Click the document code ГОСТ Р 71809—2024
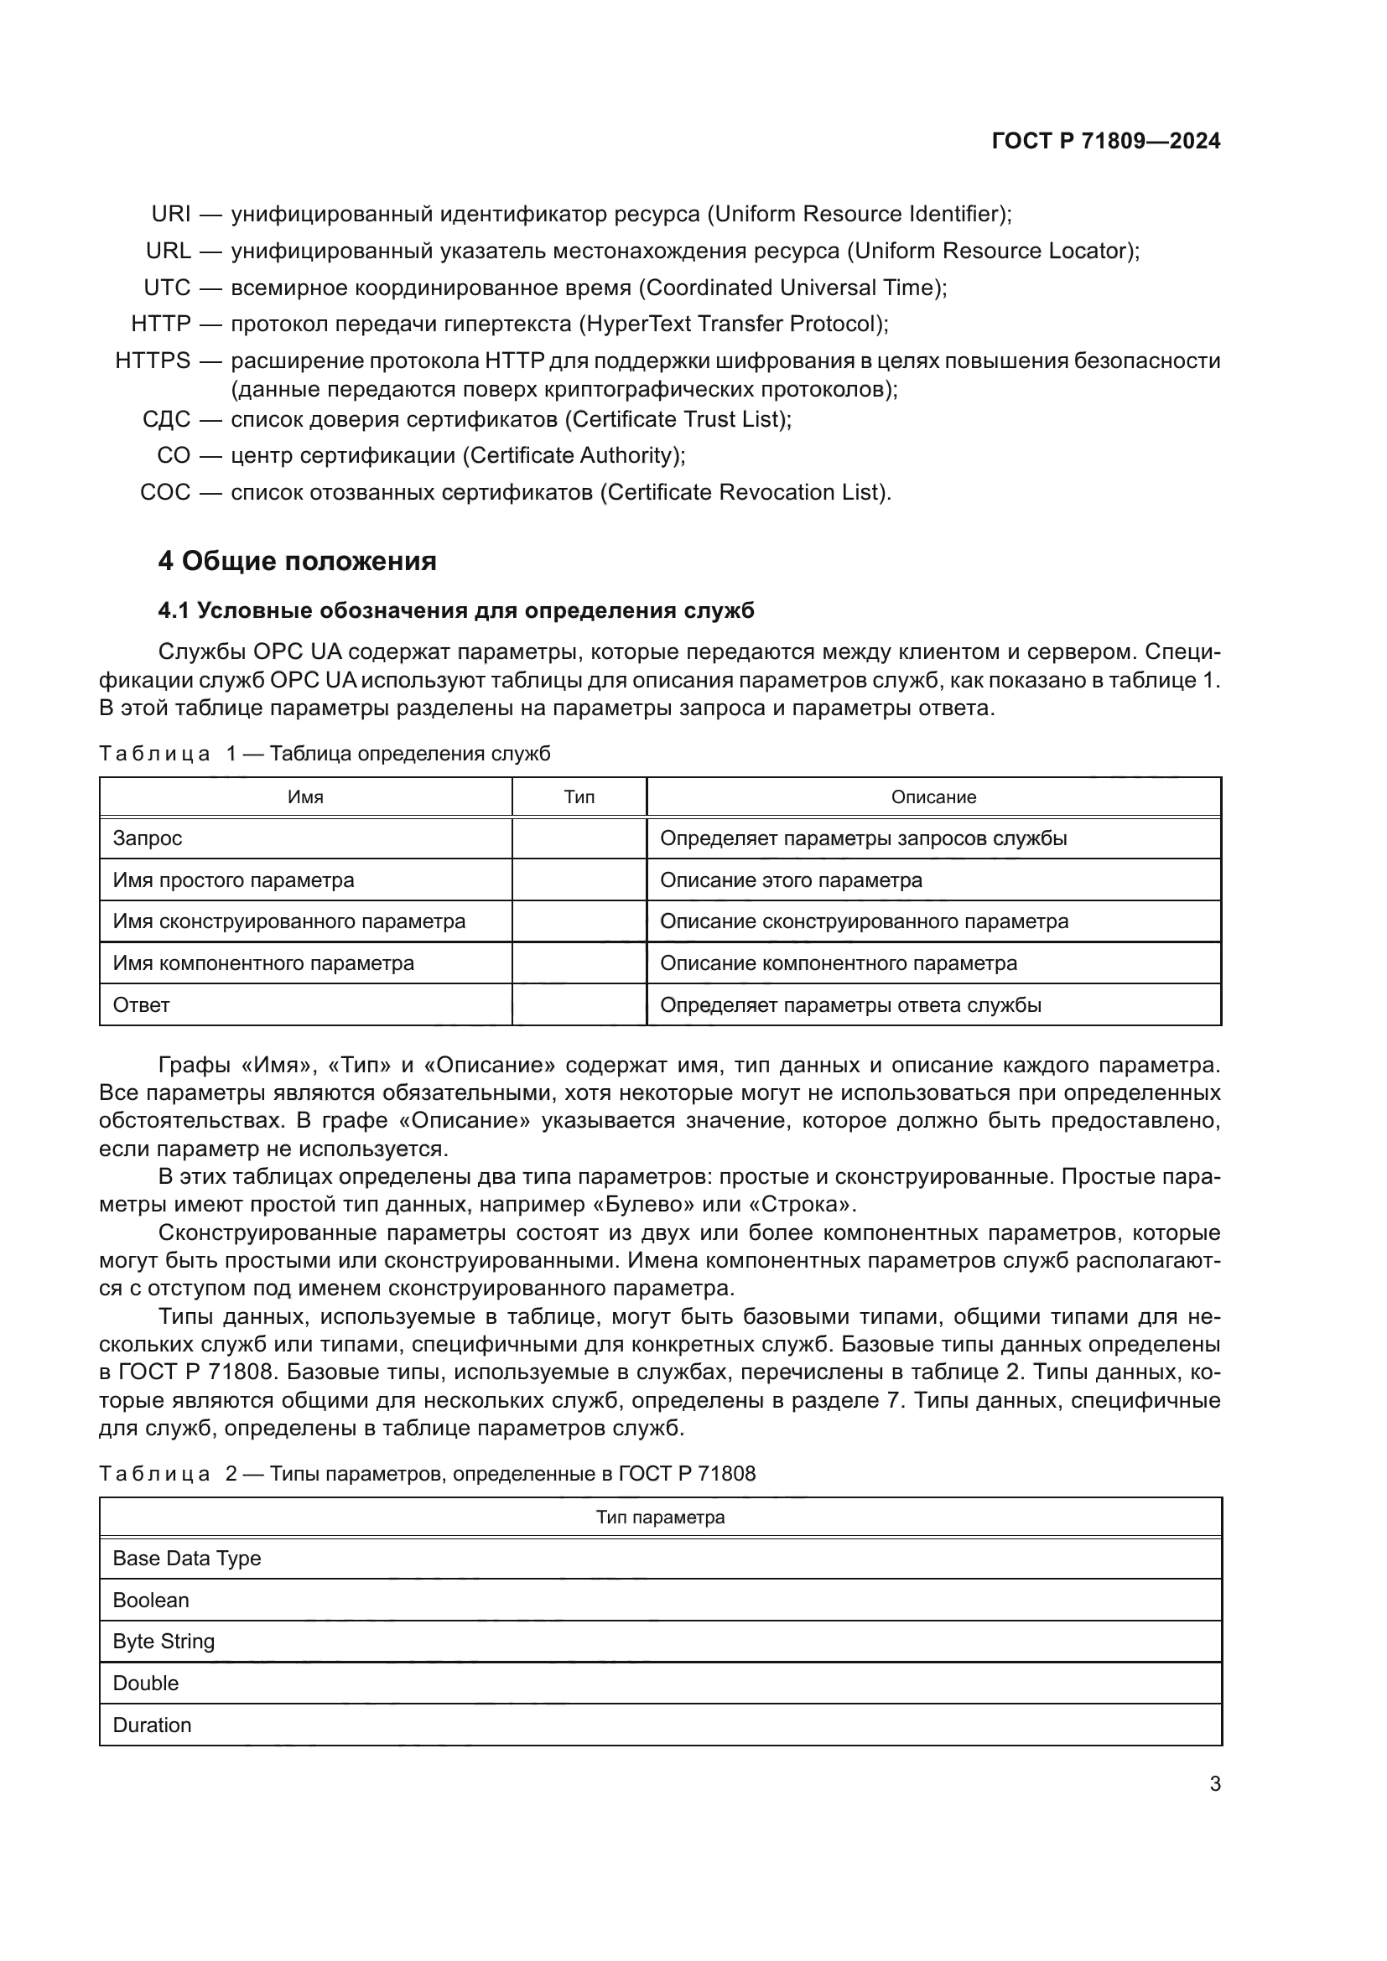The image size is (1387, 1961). tap(1105, 141)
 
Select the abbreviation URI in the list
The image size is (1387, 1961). tap(171, 214)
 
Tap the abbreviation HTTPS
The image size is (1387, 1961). tap(153, 361)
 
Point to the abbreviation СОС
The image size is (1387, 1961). tap(165, 493)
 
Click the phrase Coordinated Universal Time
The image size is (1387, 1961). tap(792, 288)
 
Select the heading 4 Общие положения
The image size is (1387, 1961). tap(297, 561)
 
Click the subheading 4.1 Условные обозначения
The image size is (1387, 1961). tap(456, 610)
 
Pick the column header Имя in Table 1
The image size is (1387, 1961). tap(305, 796)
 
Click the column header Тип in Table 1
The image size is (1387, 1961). tap(579, 796)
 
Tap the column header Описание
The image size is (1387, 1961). tap(932, 796)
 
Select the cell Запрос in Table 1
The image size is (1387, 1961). tap(148, 838)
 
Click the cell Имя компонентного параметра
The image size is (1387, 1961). tap(263, 963)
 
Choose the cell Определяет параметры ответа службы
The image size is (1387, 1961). tap(850, 1005)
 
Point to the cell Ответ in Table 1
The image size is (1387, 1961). tap(141, 1005)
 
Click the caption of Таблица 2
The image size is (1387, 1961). tap(427, 1474)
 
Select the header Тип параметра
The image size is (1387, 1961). tap(659, 1517)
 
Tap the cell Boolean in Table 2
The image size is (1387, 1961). tap(150, 1600)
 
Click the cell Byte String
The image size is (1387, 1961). tap(164, 1642)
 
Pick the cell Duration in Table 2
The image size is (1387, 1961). tap(152, 1725)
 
